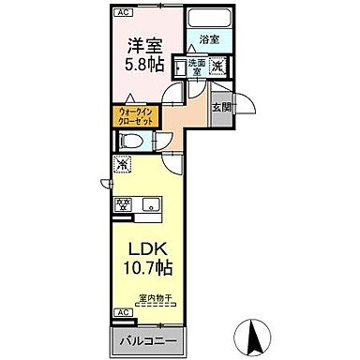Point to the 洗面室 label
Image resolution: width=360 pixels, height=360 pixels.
[x=196, y=67]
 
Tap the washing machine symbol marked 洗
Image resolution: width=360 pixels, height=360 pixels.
[x=217, y=66]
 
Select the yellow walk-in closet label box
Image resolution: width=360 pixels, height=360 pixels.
[x=137, y=116]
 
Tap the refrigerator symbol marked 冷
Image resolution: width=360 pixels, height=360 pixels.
[x=122, y=164]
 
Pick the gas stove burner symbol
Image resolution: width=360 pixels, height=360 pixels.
[x=121, y=202]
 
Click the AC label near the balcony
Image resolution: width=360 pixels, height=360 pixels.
[x=121, y=312]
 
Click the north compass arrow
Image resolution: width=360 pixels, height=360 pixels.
[x=252, y=330]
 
